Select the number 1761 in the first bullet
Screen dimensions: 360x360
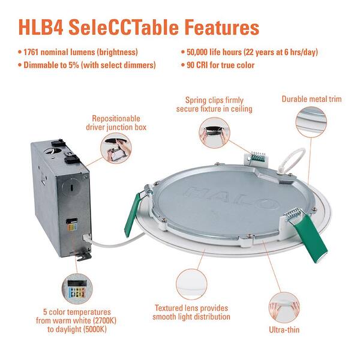(37, 53)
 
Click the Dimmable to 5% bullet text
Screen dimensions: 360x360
(90, 65)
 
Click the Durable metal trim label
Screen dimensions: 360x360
(311, 98)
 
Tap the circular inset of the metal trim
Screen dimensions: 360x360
(311, 124)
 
